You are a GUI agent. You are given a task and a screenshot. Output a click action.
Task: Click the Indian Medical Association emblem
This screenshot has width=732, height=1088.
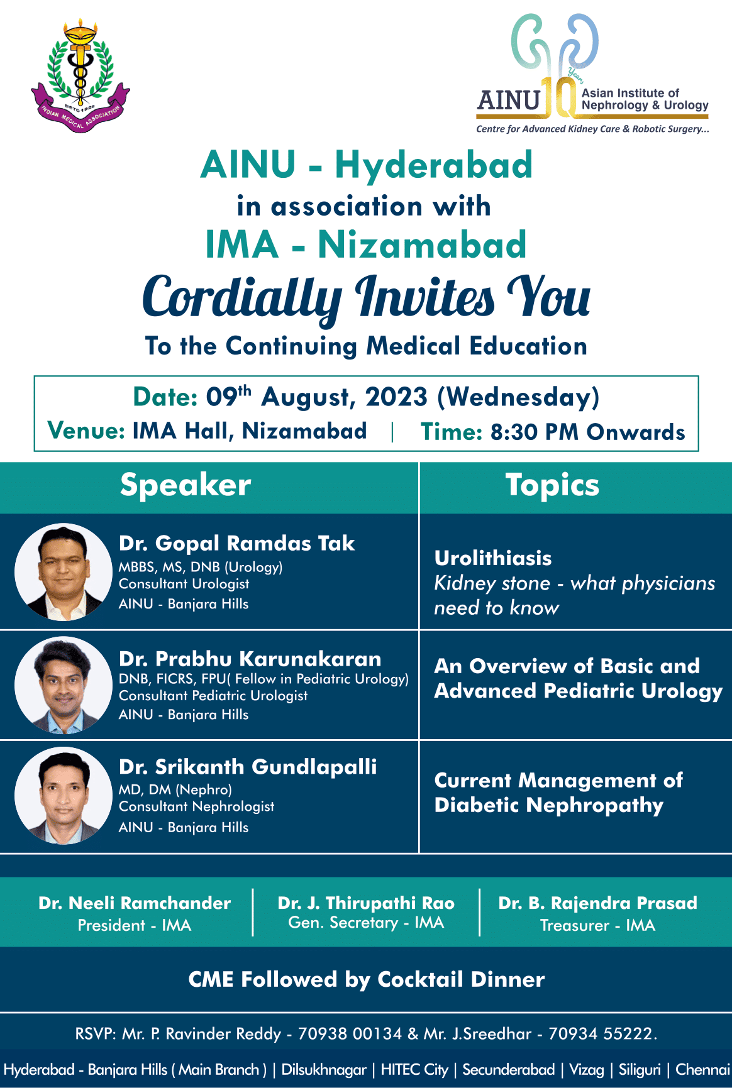[80, 75]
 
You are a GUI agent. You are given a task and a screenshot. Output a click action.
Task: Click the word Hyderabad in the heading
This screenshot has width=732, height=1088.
[434, 165]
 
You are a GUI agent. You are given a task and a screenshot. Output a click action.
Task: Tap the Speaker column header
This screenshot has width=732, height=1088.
[186, 485]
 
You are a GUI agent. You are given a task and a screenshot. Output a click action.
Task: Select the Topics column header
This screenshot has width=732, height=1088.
[552, 485]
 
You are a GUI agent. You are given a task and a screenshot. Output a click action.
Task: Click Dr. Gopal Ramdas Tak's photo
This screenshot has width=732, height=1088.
[64, 572]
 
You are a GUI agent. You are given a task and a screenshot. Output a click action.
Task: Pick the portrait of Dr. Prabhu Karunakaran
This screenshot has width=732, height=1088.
[64, 685]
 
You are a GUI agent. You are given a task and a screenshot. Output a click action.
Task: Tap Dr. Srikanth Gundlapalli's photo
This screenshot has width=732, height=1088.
[64, 796]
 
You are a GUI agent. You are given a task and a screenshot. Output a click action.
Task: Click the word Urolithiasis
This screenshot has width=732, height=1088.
[493, 558]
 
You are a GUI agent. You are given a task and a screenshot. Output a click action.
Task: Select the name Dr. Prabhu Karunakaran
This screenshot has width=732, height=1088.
[250, 659]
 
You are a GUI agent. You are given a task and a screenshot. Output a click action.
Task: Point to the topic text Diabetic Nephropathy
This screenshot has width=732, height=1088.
[549, 806]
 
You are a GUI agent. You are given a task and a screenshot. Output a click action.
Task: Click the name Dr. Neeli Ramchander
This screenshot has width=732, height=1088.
[135, 903]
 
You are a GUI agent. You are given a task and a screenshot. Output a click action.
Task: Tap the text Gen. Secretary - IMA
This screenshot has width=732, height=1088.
[366, 923]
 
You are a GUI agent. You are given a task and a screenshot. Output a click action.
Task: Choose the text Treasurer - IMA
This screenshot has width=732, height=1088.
[597, 925]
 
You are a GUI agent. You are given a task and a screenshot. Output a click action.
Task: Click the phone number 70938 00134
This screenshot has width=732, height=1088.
[350, 1034]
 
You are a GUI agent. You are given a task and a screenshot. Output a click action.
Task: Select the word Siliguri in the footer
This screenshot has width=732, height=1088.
[640, 1070]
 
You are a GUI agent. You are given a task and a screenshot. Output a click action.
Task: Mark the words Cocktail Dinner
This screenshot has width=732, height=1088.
[461, 979]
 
